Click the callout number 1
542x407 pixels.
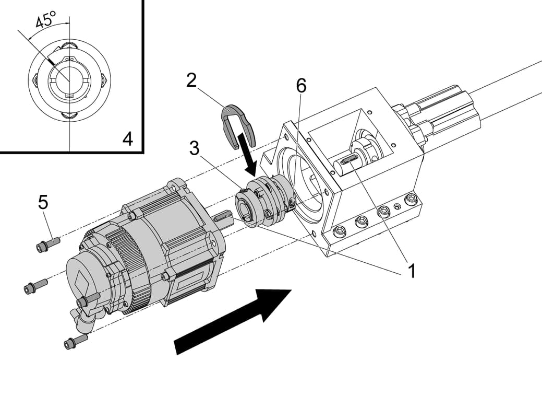412,270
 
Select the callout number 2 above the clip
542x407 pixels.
191,80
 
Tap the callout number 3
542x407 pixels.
194,148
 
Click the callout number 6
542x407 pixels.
301,86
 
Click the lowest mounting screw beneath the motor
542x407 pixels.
75,342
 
